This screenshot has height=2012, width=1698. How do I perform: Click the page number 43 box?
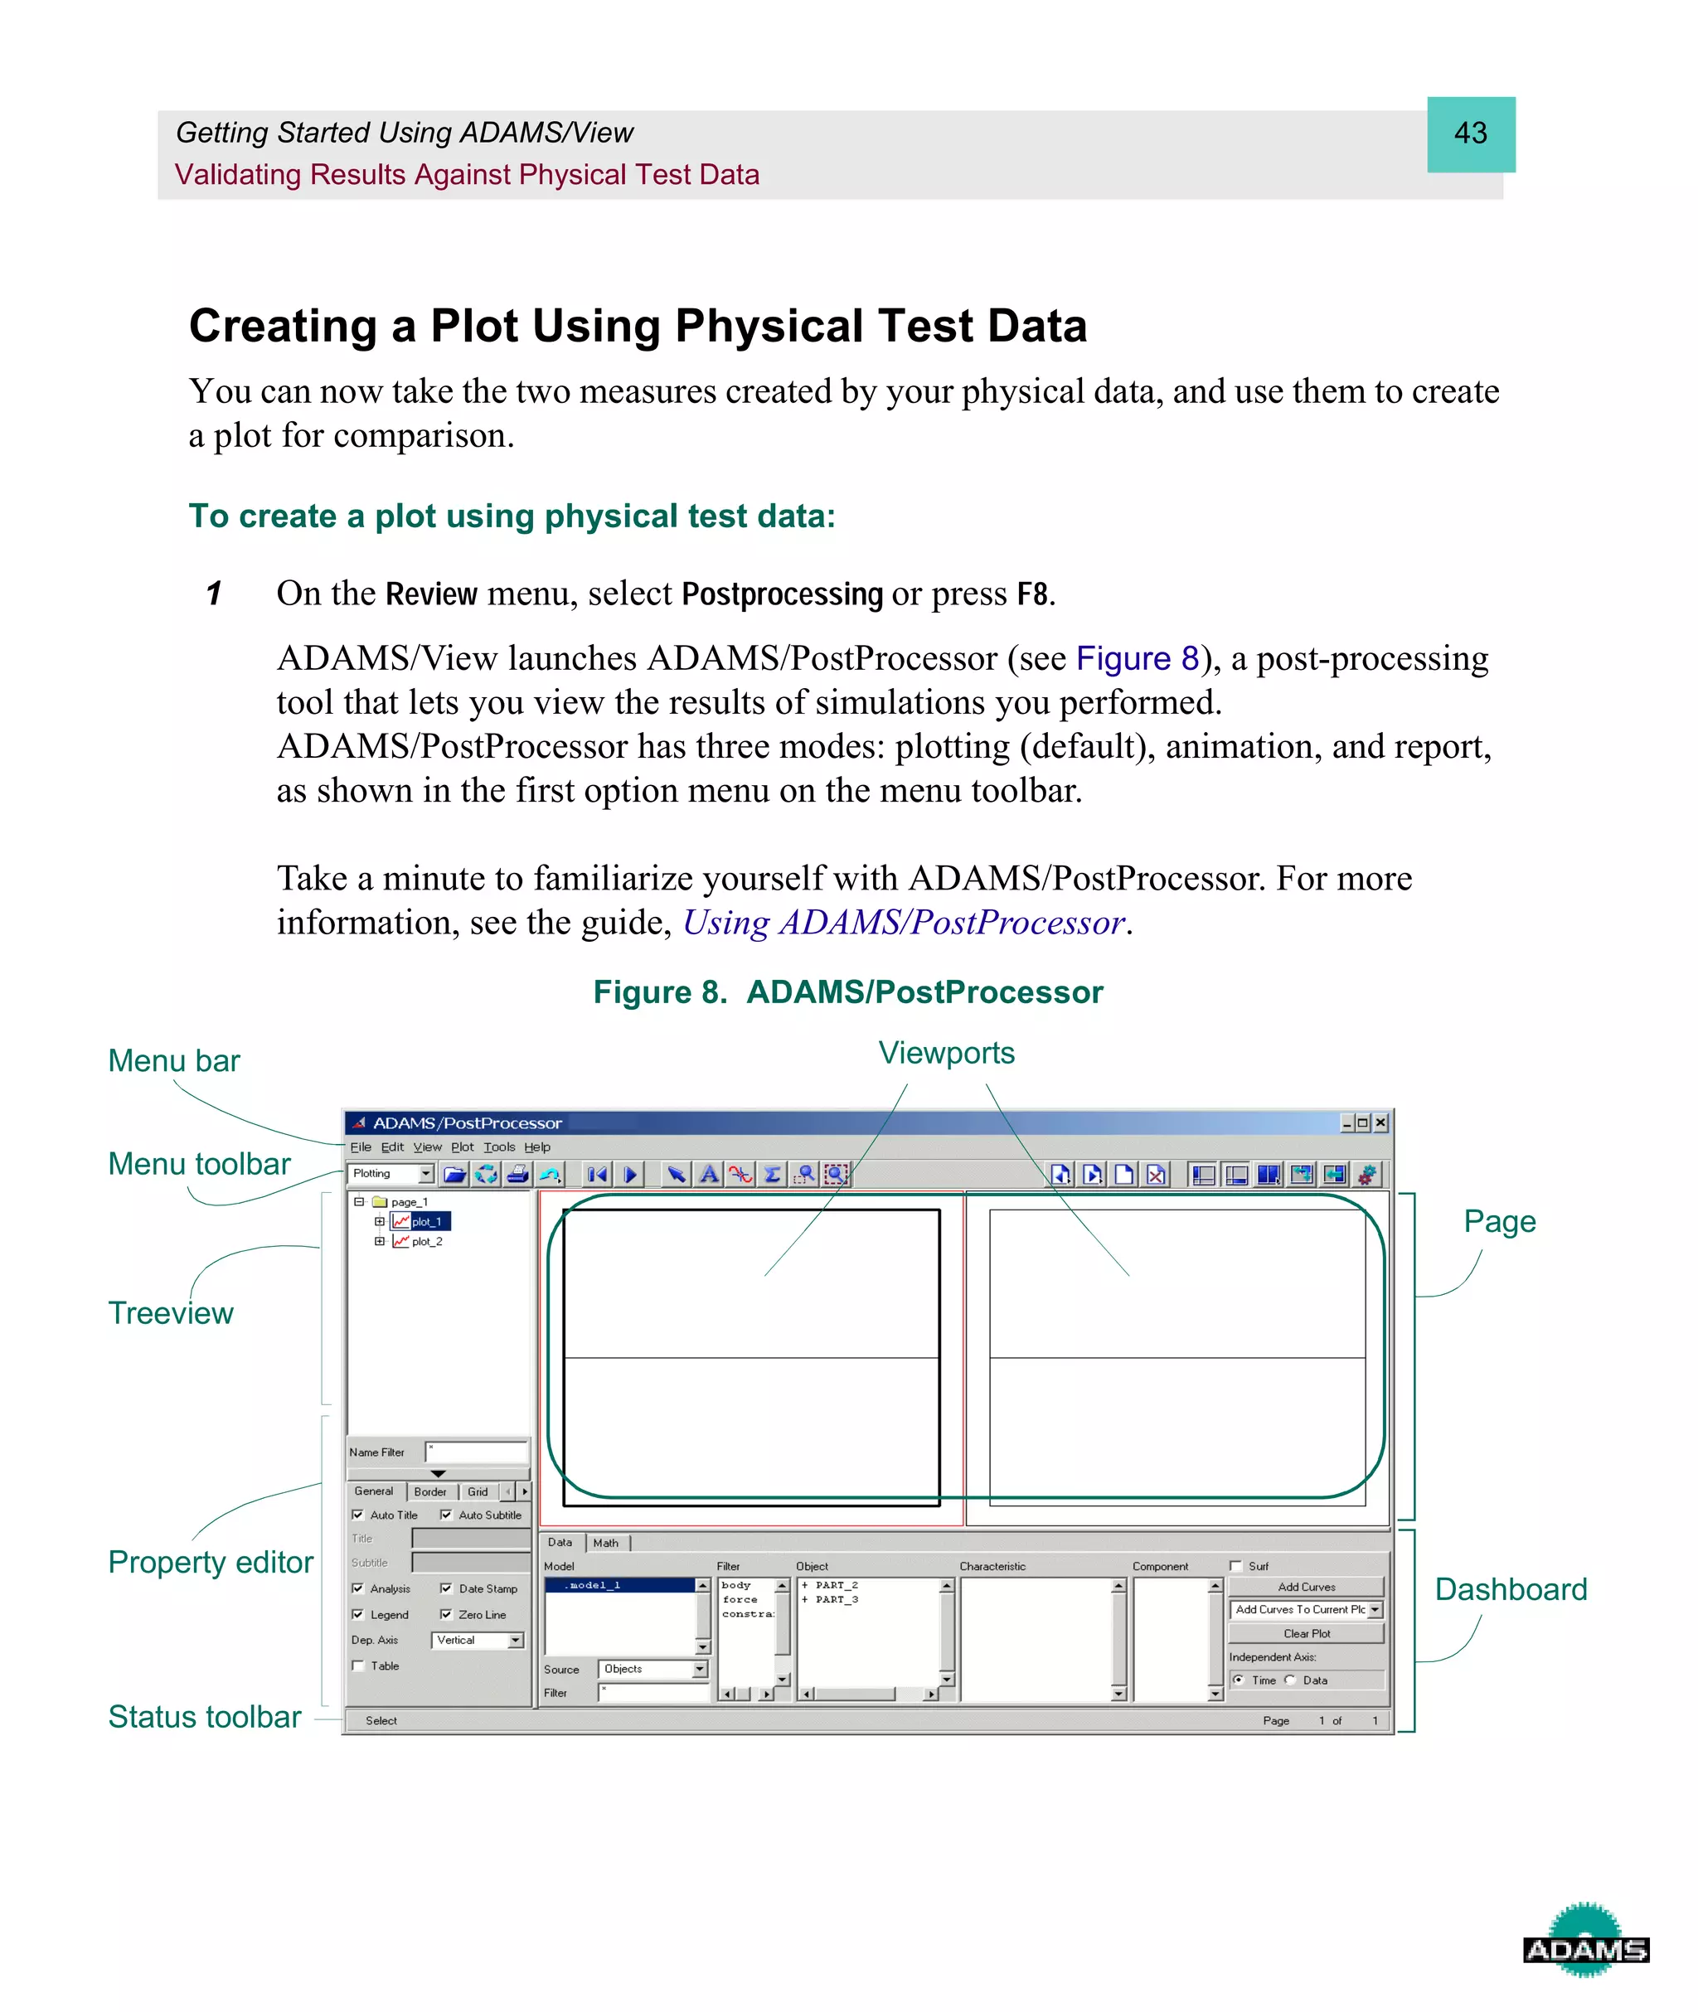pyautogui.click(x=1470, y=133)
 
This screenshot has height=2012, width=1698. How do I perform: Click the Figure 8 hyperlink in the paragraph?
pyautogui.click(x=1137, y=658)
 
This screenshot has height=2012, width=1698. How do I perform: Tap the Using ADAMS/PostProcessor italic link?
pyautogui.click(x=903, y=923)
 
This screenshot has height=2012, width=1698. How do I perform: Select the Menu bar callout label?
pyautogui.click(x=173, y=1060)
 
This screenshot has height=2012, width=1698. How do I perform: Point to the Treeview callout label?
pyautogui.click(x=170, y=1312)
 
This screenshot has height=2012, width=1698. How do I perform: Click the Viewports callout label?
pyautogui.click(x=945, y=1053)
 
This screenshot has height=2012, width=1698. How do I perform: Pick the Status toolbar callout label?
pyautogui.click(x=204, y=1717)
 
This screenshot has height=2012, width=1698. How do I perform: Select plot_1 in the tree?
pyautogui.click(x=425, y=1221)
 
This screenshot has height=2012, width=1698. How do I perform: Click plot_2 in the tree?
pyautogui.click(x=426, y=1241)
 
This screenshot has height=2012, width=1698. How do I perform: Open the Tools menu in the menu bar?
pyautogui.click(x=498, y=1147)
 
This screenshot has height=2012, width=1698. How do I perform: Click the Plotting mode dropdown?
pyautogui.click(x=391, y=1173)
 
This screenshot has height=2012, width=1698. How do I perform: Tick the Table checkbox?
pyautogui.click(x=358, y=1665)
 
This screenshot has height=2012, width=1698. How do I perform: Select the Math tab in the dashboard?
pyautogui.click(x=605, y=1543)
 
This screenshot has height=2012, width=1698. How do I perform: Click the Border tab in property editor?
pyautogui.click(x=430, y=1491)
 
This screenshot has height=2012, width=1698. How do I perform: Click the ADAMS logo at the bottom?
pyautogui.click(x=1584, y=1942)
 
